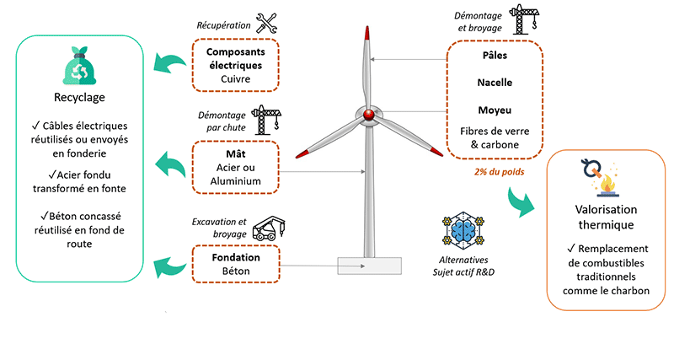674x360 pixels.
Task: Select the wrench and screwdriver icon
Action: pos(267,24)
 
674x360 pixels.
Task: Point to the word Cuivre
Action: pos(236,80)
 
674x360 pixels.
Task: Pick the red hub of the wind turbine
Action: pos(367,114)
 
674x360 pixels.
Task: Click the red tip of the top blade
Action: pos(367,36)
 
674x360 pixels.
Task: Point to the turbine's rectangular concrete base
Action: pos(369,265)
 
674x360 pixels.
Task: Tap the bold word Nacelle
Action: pos(495,83)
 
